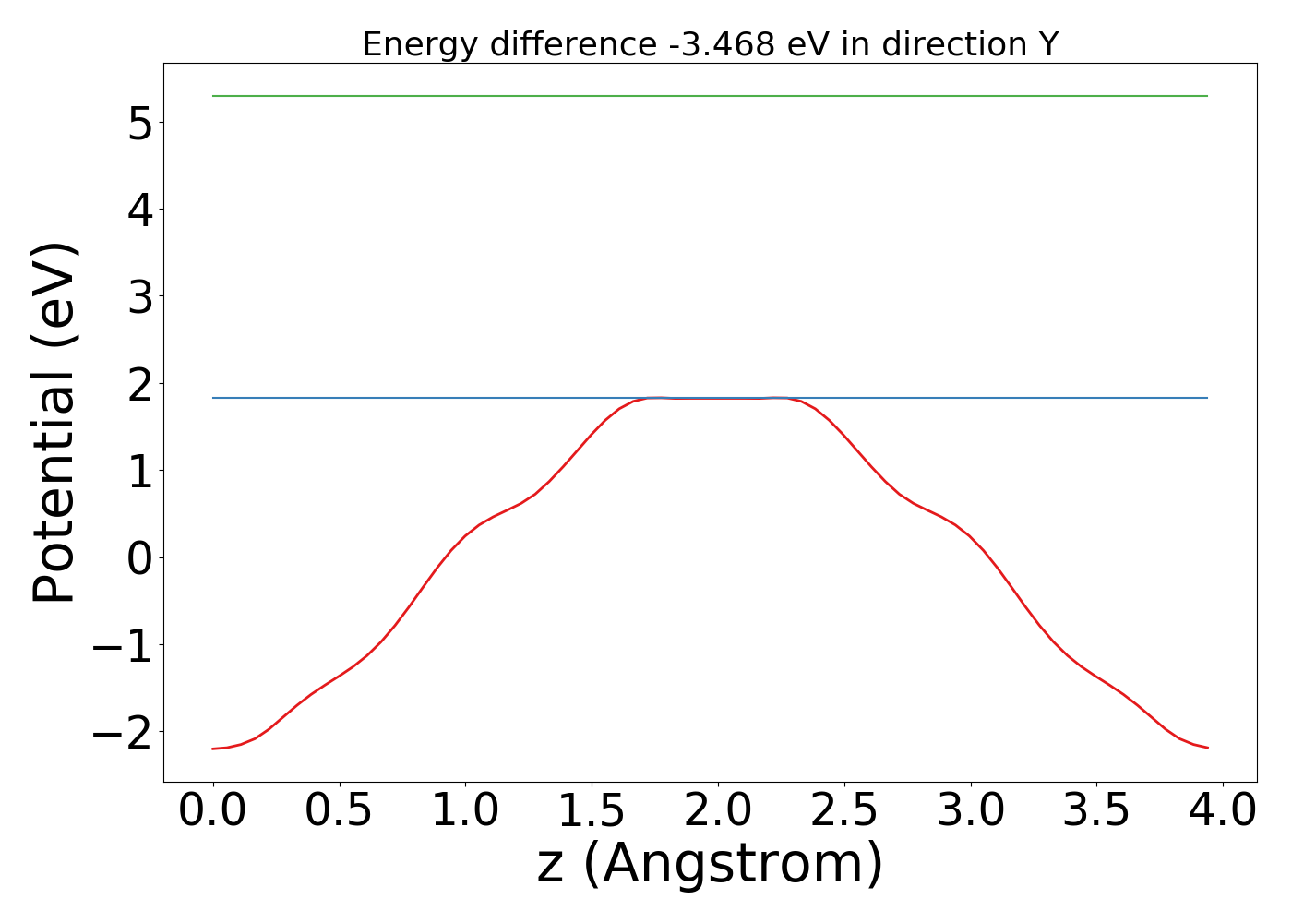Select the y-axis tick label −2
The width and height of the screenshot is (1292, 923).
[x=121, y=731]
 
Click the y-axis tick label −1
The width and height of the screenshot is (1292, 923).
[x=121, y=644]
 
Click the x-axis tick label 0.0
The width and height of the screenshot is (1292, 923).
[x=213, y=810]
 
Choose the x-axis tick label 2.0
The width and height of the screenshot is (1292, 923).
[x=717, y=810]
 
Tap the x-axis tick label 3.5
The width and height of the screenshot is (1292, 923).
[x=1096, y=810]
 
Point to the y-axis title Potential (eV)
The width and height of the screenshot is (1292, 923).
[x=54, y=423]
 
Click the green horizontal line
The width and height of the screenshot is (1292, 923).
[x=710, y=96]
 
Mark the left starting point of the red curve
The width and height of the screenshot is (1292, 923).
[x=213, y=749]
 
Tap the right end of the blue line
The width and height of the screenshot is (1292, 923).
[x=1207, y=398]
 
